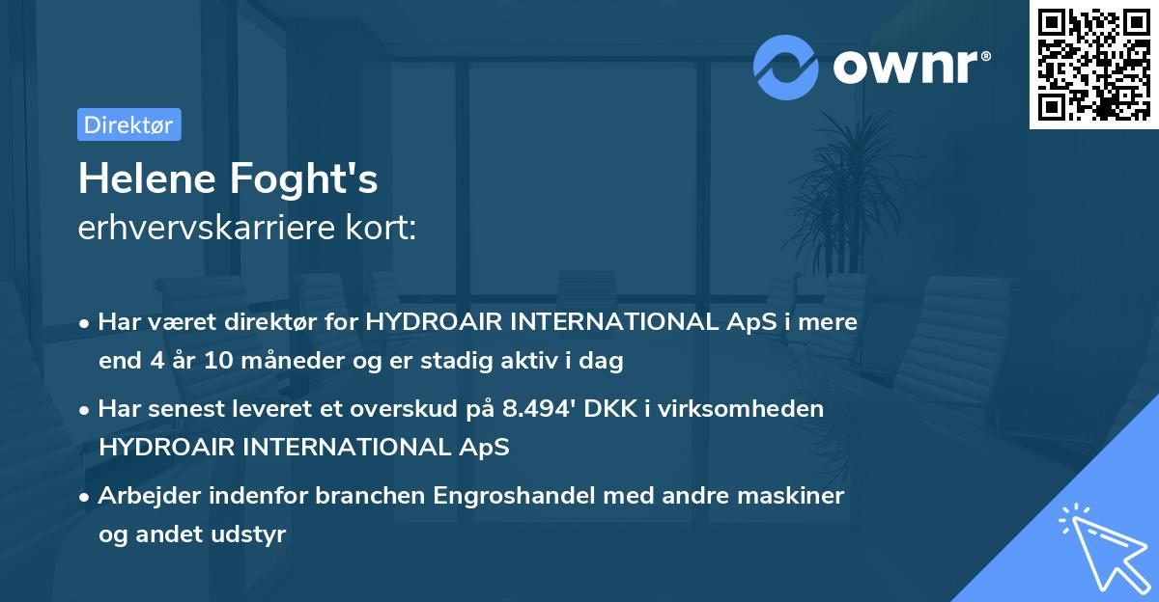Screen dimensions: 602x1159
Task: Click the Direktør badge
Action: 128,125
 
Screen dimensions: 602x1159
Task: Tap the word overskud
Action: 438,409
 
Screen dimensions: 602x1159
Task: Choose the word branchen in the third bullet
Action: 377,496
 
